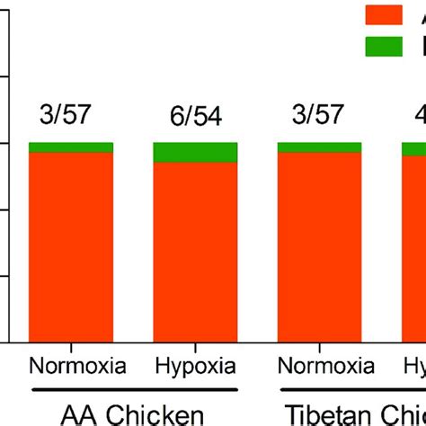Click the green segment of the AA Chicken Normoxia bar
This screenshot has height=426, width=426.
click(71, 147)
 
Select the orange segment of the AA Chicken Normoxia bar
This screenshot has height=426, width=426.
click(71, 247)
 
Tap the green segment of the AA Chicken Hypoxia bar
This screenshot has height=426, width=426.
click(195, 152)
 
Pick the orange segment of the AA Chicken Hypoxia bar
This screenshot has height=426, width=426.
click(195, 252)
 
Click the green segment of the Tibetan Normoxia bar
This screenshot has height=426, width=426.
click(319, 147)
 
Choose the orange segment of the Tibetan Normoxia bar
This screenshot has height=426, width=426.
click(319, 247)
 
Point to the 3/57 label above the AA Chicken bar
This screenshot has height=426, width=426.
click(71, 114)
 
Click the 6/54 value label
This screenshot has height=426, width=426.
click(195, 117)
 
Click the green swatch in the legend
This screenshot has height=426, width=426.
click(383, 46)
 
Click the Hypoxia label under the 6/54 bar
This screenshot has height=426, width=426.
click(195, 367)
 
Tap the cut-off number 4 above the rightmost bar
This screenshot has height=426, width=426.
click(420, 117)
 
